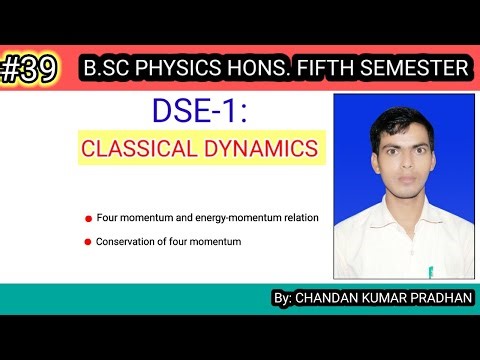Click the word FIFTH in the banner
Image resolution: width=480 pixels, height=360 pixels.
(335, 69)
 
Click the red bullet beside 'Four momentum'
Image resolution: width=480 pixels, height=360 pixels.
(88, 217)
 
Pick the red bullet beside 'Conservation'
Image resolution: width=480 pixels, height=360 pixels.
(88, 241)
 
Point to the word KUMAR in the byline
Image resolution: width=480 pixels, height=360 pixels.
(384, 297)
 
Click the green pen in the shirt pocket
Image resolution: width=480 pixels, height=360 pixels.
(431, 270)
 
